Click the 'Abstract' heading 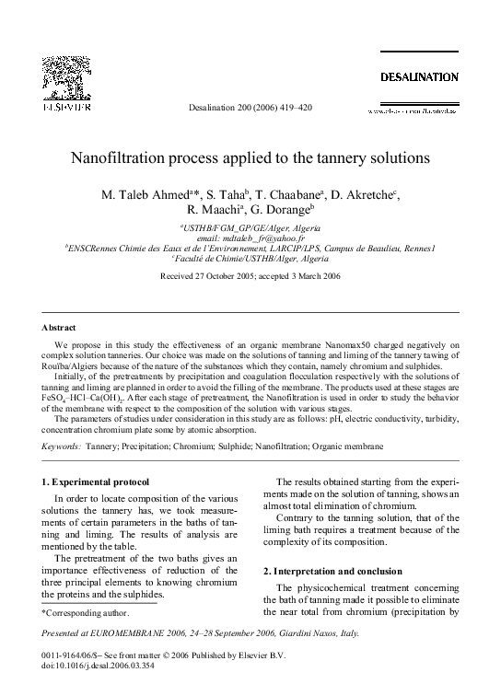point(59,327)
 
